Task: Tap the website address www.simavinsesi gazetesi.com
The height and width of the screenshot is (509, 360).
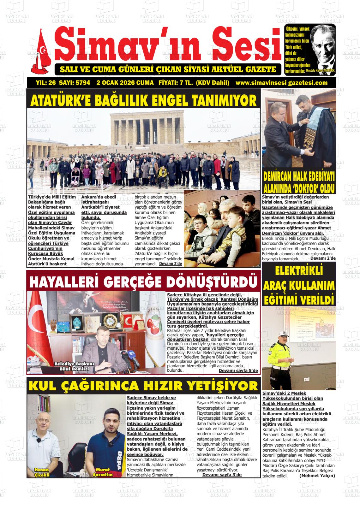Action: click(x=282, y=83)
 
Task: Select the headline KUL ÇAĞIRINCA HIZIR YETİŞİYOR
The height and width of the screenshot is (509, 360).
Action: click(x=143, y=386)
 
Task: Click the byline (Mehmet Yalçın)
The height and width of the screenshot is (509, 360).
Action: click(x=317, y=476)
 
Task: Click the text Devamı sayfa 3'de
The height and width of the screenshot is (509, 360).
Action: click(x=222, y=475)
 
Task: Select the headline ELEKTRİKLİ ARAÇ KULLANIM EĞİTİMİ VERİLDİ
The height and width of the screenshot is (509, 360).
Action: click(x=299, y=285)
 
